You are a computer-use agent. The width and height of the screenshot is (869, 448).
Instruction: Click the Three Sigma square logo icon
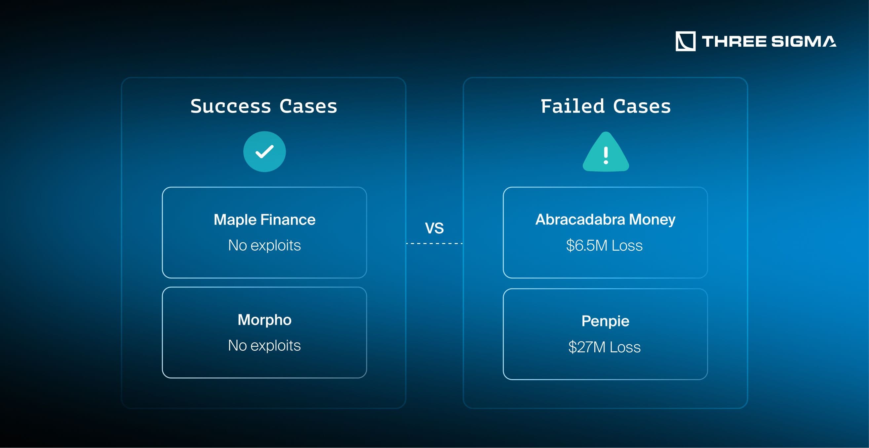[685, 41]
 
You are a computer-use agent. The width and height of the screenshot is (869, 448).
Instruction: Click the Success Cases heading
[264, 106]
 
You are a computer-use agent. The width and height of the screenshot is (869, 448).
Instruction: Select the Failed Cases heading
[606, 106]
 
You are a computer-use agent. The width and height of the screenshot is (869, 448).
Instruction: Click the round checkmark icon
[264, 152]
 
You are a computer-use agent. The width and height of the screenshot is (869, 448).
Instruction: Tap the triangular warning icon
[606, 153]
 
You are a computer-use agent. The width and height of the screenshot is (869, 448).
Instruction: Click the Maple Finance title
[264, 220]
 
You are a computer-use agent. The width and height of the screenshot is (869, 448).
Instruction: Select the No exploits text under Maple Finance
[264, 245]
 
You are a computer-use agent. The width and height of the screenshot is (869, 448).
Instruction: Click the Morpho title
[264, 320]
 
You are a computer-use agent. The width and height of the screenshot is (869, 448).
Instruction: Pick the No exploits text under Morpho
[264, 346]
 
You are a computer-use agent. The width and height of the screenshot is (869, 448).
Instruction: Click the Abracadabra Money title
[605, 220]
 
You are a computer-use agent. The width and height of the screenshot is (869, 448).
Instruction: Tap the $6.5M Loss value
[605, 245]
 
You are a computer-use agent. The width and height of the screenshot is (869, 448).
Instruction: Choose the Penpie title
[605, 321]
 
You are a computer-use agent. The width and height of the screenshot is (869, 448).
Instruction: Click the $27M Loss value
[605, 347]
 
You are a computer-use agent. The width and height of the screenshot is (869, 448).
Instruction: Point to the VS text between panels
[434, 228]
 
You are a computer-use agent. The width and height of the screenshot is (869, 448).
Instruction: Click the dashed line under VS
[434, 243]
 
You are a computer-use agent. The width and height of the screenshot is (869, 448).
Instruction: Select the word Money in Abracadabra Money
[652, 220]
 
